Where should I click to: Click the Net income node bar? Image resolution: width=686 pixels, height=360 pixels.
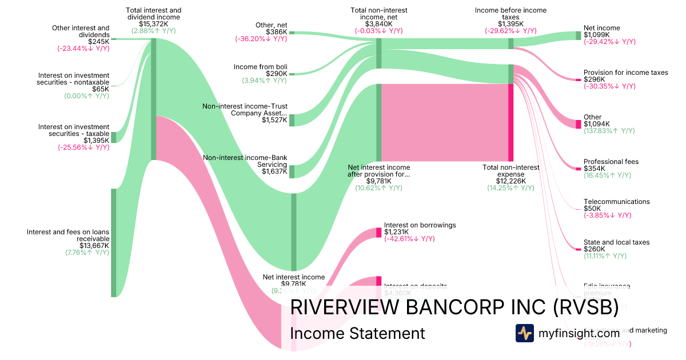click(x=578, y=35)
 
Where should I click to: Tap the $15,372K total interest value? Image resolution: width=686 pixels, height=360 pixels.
click(x=154, y=24)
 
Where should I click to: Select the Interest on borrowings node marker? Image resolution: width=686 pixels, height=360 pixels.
click(x=378, y=233)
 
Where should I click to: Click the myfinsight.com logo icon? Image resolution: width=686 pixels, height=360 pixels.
click(x=524, y=333)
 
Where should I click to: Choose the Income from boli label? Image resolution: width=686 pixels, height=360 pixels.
click(x=260, y=67)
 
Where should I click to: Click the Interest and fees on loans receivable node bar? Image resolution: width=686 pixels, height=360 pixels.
click(x=113, y=243)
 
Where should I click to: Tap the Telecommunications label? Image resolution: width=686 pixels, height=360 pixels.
click(x=616, y=202)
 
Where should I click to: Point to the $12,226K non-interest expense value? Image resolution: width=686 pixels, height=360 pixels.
click(x=510, y=181)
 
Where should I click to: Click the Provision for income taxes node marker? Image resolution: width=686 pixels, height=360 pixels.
click(x=578, y=79)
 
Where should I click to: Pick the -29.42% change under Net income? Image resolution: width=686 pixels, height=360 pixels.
click(x=609, y=42)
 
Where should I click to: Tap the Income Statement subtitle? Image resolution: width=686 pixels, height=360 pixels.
click(x=357, y=334)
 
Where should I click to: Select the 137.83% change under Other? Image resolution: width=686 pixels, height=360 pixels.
click(x=609, y=131)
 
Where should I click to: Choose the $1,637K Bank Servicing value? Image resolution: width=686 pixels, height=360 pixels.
click(x=274, y=171)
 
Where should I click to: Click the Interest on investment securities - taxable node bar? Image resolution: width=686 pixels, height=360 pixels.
click(x=113, y=137)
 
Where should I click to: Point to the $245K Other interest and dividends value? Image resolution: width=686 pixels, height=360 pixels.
click(x=98, y=42)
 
